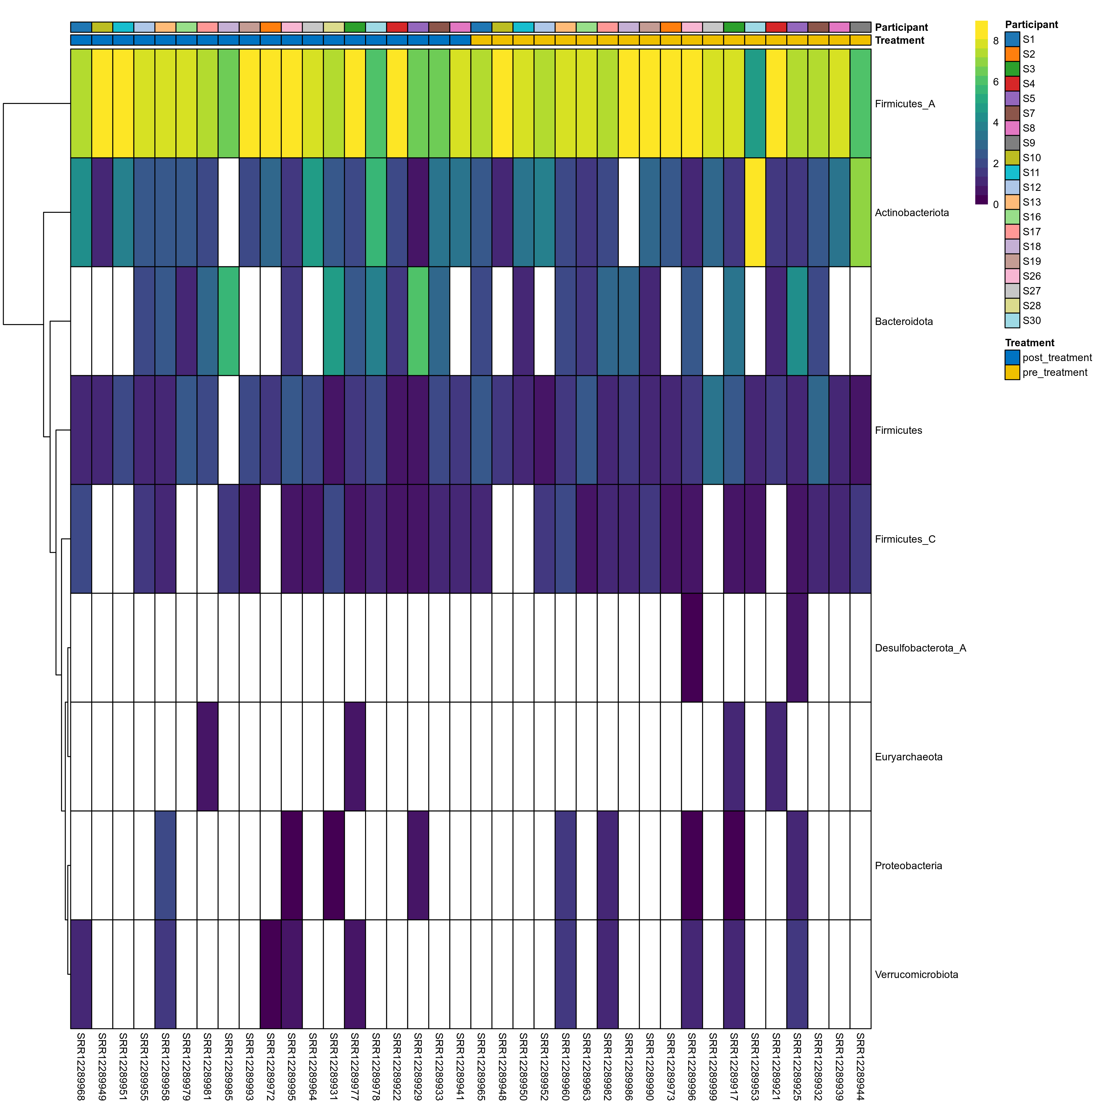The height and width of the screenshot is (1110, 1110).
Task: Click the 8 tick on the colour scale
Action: pyautogui.click(x=996, y=41)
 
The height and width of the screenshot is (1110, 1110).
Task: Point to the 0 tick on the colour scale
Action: pyautogui.click(x=996, y=204)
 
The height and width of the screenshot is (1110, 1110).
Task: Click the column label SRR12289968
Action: pyautogui.click(x=81, y=1066)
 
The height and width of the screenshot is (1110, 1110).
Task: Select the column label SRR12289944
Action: pyautogui.click(x=860, y=1066)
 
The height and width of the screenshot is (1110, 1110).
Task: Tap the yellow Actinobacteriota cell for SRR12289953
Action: pyautogui.click(x=755, y=212)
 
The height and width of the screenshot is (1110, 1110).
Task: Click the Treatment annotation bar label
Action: pyautogui.click(x=899, y=40)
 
